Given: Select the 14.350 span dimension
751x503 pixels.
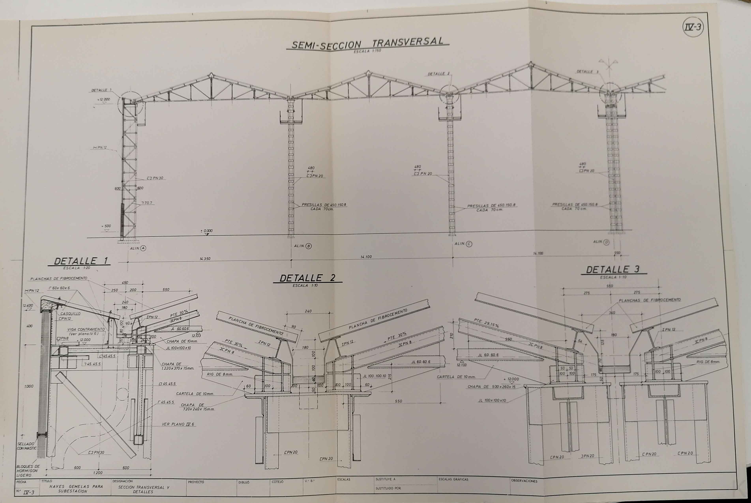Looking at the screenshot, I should [205, 259].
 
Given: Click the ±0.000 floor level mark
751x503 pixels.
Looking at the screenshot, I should [206, 231].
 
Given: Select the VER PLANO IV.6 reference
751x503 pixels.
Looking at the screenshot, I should [178, 424].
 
